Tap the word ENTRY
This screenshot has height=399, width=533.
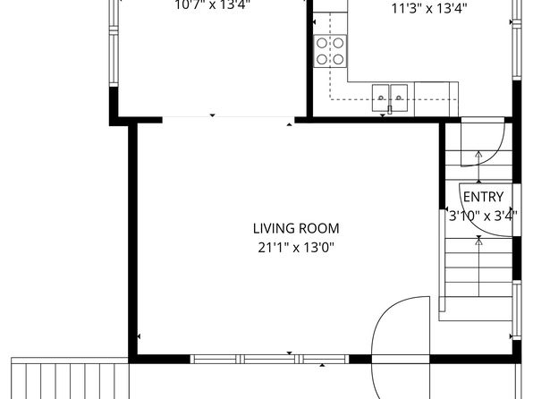[483, 197]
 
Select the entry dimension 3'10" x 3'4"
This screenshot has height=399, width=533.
[482, 215]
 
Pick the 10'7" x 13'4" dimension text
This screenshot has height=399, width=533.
[211, 4]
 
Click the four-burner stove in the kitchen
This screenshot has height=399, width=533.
[330, 50]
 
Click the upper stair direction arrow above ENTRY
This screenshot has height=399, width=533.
[478, 157]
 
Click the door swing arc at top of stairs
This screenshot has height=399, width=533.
[487, 143]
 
